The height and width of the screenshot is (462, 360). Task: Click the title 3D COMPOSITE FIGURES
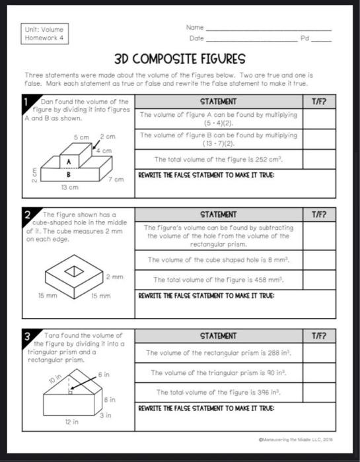pos(180,59)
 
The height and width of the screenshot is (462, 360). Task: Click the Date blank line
pos(251,40)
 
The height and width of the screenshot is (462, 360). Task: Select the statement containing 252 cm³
pos(218,159)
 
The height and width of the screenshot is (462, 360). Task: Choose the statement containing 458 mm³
pos(218,279)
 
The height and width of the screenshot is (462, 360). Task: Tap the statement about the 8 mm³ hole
pos(218,259)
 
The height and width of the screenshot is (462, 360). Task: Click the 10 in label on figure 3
pos(55,379)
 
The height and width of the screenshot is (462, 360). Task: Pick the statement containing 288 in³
pos(218,352)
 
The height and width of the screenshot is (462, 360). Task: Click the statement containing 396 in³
pos(218,391)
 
